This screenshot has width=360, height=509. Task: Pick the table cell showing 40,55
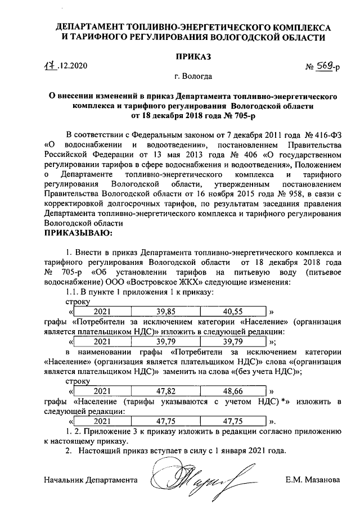232,311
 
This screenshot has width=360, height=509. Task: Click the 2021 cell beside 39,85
102,311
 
